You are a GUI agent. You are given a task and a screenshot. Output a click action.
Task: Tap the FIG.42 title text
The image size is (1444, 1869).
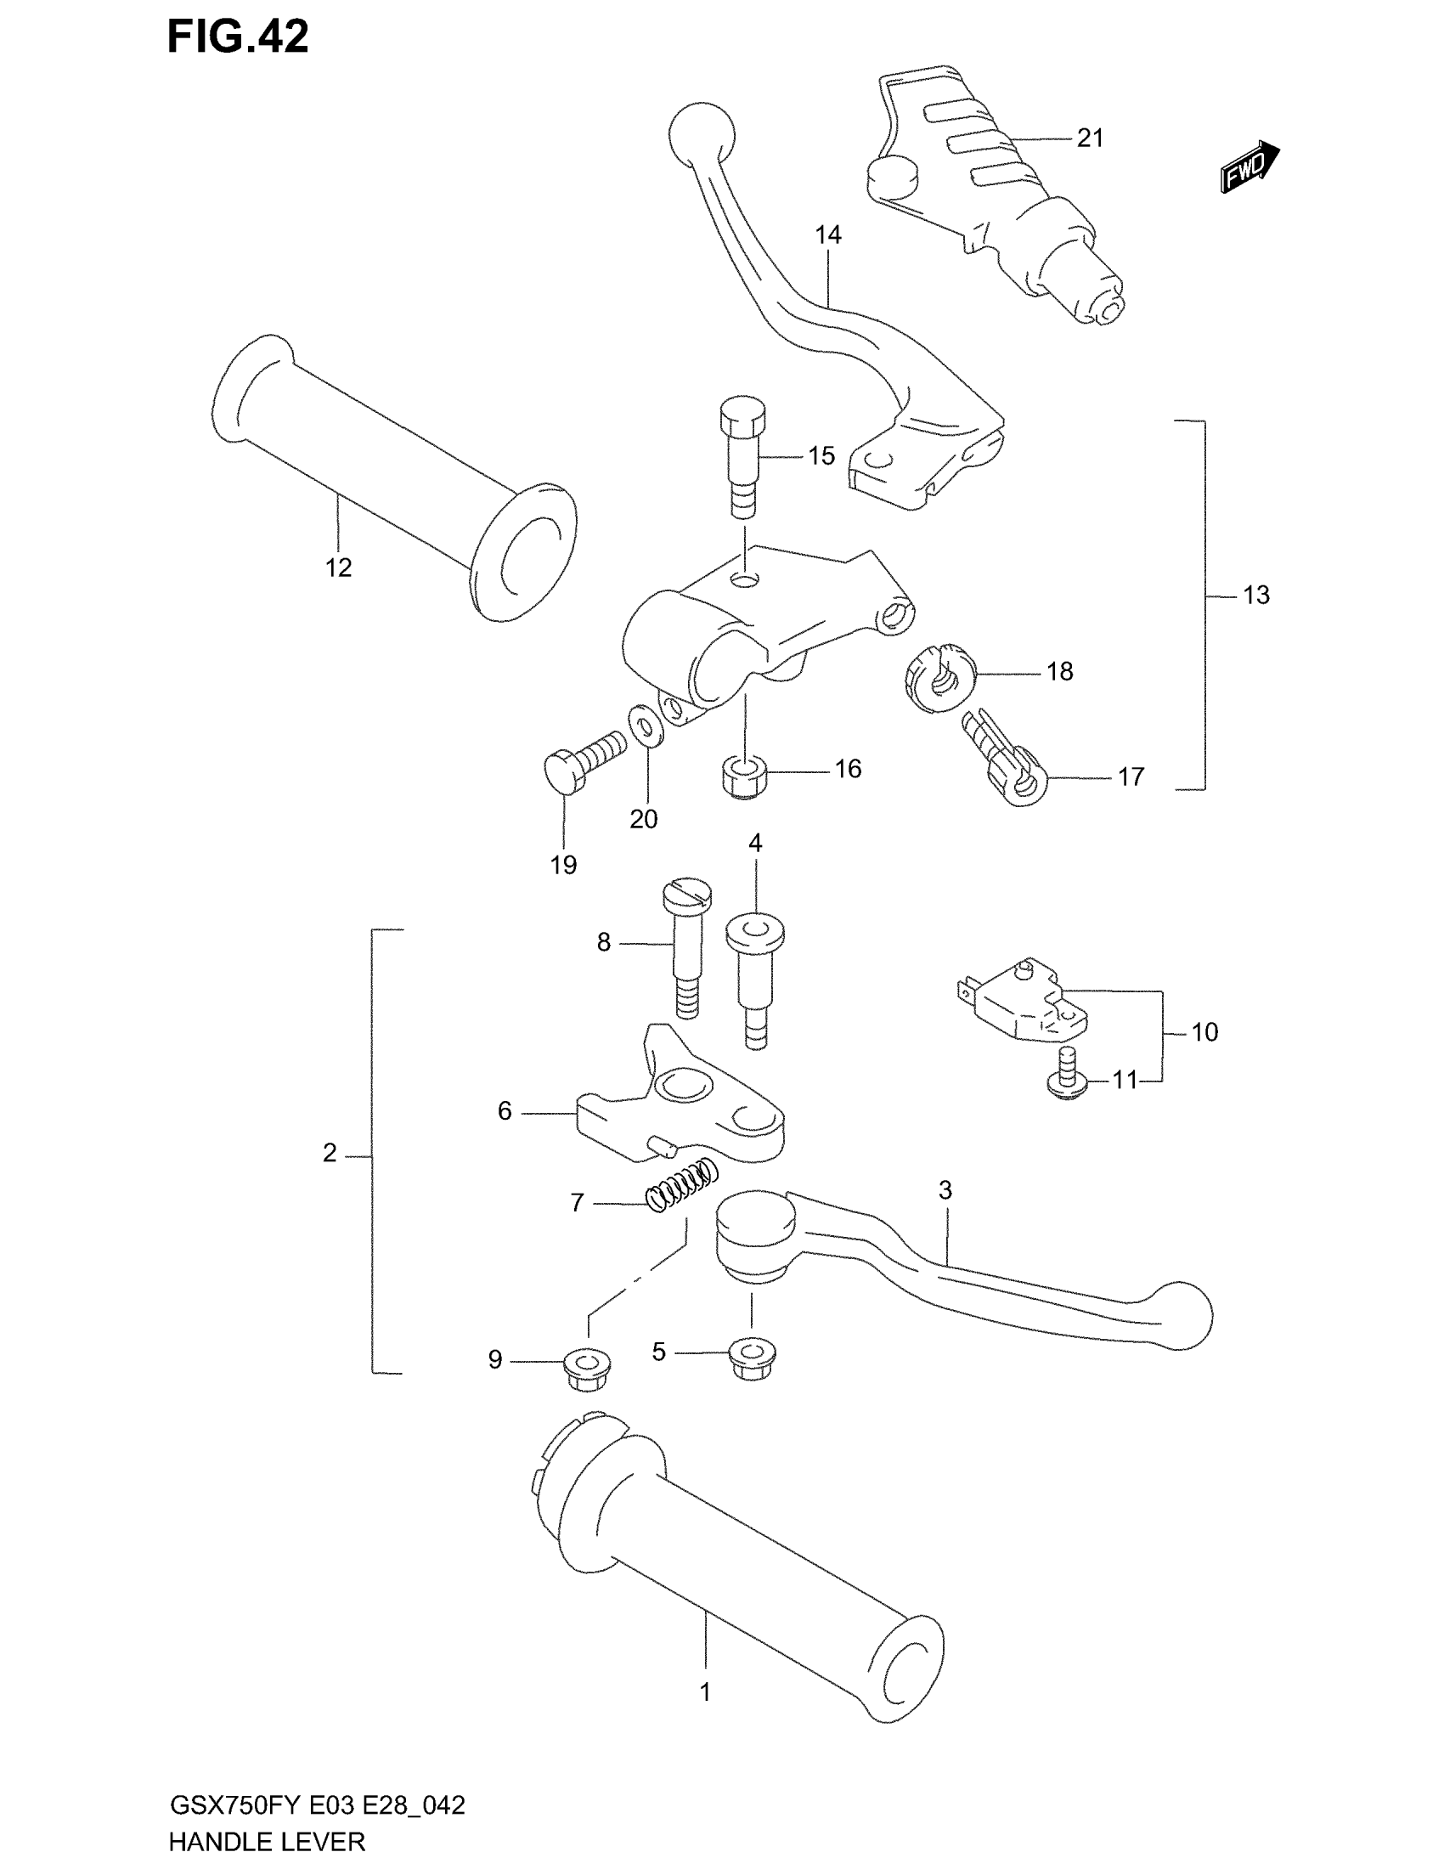238,37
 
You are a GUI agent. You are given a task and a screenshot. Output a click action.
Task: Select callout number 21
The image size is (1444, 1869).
1090,138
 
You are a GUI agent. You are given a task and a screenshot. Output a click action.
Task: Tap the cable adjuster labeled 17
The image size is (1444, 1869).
1007,759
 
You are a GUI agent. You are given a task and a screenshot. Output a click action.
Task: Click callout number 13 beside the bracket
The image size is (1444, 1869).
1255,595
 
